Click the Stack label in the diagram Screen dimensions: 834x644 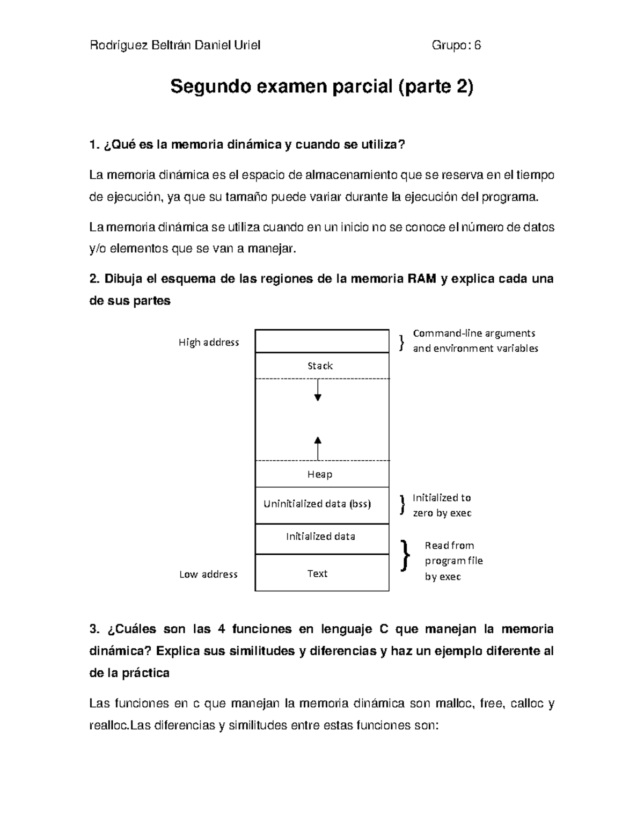click(320, 366)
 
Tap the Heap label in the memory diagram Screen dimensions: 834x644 click(320, 474)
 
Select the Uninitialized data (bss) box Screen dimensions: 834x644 click(317, 504)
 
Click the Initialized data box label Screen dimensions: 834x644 click(320, 536)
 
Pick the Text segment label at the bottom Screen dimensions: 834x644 click(317, 574)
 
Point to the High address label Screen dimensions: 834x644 click(209, 343)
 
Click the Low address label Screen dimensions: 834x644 click(208, 575)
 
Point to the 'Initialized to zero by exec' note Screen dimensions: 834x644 click(442, 505)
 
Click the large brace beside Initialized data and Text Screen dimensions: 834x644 click(405, 555)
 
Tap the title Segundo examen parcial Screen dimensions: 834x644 click(322, 86)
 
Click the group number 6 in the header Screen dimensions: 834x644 click(477, 46)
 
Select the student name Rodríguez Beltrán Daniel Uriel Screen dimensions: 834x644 click(175, 46)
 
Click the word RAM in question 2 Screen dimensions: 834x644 click(422, 279)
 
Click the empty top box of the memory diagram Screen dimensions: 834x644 click(321, 341)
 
